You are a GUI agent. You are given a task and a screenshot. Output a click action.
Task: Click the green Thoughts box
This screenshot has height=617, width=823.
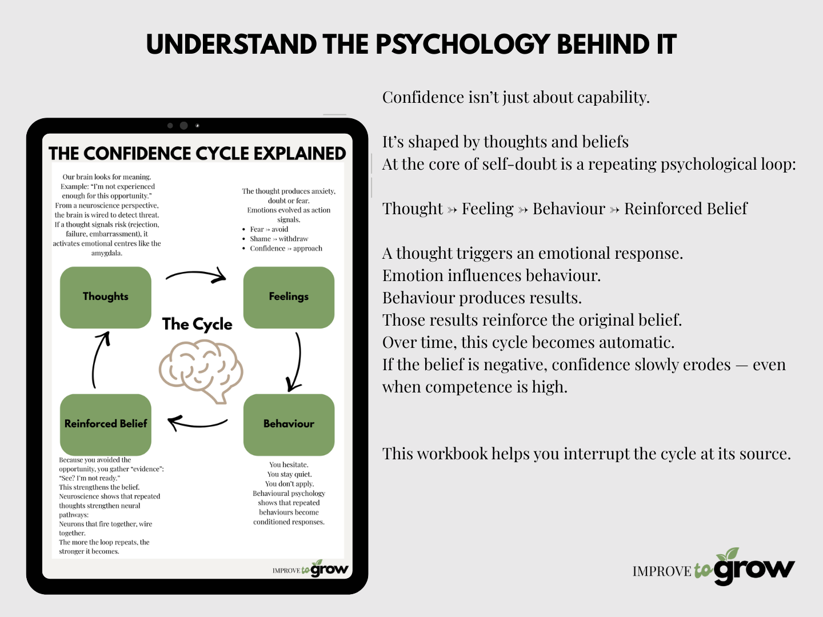tap(106, 297)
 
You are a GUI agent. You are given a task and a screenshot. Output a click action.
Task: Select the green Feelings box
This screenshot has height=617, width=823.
tap(289, 297)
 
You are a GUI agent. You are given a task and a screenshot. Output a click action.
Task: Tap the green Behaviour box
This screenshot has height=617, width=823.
tap(289, 424)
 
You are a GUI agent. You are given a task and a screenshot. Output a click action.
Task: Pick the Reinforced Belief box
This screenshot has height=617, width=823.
tap(106, 424)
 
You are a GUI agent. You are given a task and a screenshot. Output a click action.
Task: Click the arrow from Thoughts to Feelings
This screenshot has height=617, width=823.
tap(196, 276)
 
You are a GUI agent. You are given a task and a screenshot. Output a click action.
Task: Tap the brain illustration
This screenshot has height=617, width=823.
tap(201, 371)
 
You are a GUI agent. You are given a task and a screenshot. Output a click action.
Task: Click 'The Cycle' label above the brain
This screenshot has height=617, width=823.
tap(197, 324)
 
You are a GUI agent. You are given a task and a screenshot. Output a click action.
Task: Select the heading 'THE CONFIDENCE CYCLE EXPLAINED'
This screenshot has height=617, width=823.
tap(197, 154)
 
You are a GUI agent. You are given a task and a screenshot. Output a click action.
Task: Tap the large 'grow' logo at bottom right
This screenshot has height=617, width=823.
tap(754, 568)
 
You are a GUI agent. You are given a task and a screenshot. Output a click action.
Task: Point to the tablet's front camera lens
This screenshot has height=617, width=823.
tap(183, 126)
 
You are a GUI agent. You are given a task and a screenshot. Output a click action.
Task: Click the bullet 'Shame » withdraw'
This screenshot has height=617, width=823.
tap(279, 239)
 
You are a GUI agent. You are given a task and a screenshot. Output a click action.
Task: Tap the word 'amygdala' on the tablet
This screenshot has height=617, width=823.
tap(107, 253)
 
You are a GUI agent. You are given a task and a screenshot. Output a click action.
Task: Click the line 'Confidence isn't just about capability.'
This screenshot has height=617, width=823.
tap(516, 98)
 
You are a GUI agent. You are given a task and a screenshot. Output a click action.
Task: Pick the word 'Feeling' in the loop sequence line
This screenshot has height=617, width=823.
tap(488, 209)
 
